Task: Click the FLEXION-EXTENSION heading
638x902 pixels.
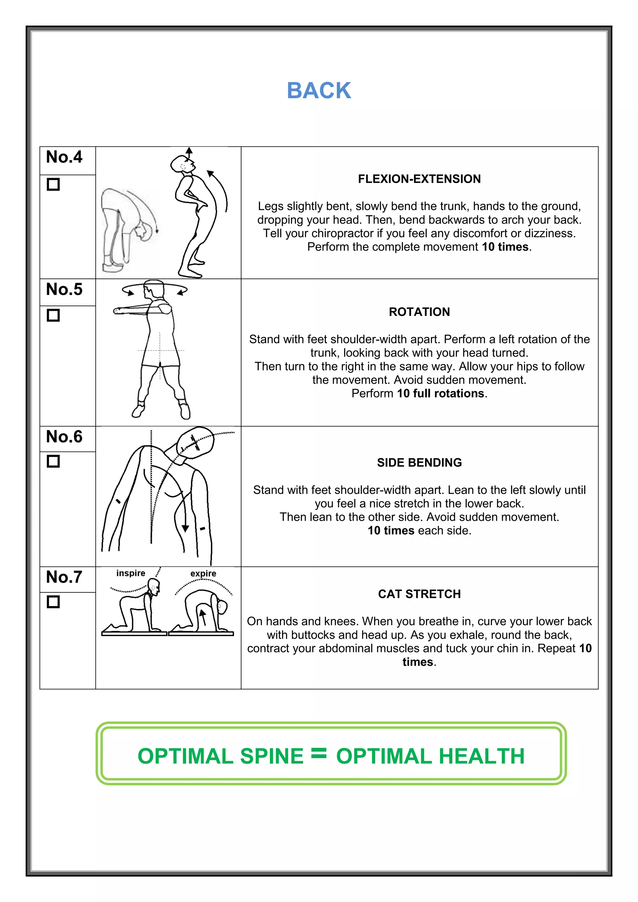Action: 419,179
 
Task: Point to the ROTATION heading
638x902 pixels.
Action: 419,312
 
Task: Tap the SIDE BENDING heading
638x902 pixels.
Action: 419,463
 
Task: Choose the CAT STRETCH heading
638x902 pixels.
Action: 419,594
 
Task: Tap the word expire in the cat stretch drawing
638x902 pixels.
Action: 203,574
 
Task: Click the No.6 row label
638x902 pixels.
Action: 64,437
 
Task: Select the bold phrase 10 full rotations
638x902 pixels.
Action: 440,394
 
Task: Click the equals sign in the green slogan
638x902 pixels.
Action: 319,753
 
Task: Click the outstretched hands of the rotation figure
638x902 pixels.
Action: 117,311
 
